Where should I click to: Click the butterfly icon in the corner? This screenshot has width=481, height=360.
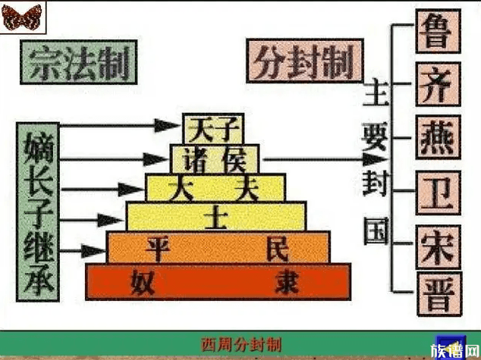pos(21,17)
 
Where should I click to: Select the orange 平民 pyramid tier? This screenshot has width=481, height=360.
pos(218,247)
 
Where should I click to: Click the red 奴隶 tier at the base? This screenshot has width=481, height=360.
pos(219,281)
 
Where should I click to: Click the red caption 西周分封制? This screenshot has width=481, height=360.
pos(241,345)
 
